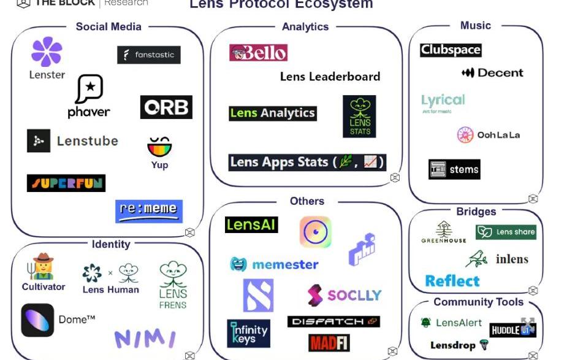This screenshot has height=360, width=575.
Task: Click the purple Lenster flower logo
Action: click(x=47, y=52)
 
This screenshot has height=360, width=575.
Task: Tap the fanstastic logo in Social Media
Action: click(x=149, y=55)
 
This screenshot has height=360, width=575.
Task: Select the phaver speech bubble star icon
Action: click(x=89, y=90)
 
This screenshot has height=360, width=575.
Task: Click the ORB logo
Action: click(x=166, y=107)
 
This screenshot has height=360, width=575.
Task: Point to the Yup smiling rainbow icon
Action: click(x=159, y=147)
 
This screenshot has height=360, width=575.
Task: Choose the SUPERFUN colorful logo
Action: click(x=66, y=183)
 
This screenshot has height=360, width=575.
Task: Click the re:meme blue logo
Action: click(x=149, y=211)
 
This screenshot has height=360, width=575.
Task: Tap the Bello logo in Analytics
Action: click(x=258, y=53)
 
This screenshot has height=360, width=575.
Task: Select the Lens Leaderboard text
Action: click(x=330, y=77)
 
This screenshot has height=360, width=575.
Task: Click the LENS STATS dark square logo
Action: click(x=359, y=116)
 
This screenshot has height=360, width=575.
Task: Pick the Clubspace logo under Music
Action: click(x=451, y=50)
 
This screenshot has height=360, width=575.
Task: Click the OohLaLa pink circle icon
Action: click(x=465, y=135)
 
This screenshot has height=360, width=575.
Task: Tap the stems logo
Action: click(x=454, y=169)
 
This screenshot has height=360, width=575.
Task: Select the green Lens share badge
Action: click(x=506, y=232)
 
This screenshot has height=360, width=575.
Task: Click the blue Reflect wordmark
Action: click(x=452, y=281)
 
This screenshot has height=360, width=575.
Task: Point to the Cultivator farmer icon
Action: click(x=43, y=266)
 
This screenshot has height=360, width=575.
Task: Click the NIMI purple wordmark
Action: click(x=145, y=339)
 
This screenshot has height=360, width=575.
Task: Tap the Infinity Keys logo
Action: click(x=248, y=333)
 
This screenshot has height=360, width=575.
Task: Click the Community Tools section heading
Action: click(x=478, y=302)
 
